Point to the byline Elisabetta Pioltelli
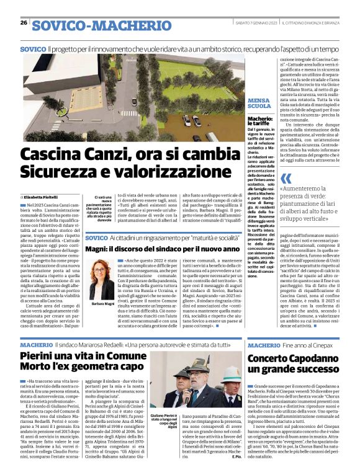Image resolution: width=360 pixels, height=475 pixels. point(52,197)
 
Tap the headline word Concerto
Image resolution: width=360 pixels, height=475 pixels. point(272,358)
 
